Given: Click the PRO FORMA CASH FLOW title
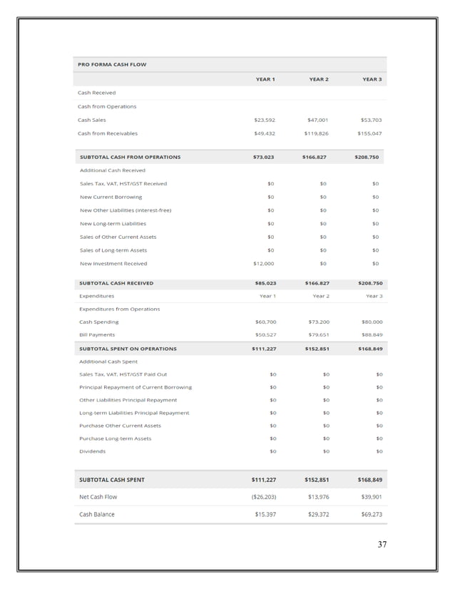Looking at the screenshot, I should (111, 64).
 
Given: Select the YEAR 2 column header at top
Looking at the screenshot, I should (318, 78).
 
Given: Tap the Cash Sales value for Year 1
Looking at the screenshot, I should (264, 120).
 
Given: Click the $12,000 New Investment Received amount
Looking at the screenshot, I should (264, 264).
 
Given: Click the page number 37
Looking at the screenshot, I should (382, 545).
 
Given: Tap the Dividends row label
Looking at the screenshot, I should (92, 451).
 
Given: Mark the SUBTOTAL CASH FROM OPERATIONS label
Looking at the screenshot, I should (130, 157).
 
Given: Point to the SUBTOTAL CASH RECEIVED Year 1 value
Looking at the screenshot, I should (265, 282).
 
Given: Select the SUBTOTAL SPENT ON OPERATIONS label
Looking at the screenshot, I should (128, 349).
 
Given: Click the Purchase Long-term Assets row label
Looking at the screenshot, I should (115, 439).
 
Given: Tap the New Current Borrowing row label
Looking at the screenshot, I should (111, 197).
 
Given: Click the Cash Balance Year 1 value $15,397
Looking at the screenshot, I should (265, 514).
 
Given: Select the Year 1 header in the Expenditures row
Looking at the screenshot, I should (267, 295).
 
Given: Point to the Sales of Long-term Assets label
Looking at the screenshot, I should (113, 250).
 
